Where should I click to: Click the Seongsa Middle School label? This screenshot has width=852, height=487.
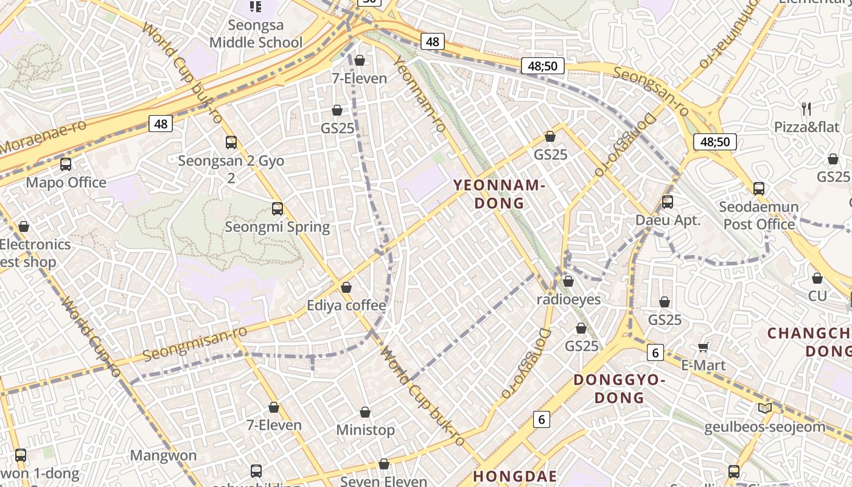pos(256,34)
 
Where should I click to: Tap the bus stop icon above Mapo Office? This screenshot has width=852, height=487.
pos(66,164)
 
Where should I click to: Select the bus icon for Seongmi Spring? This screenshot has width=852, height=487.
pos(278,209)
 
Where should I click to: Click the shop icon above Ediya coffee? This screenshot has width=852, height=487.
pos(346,287)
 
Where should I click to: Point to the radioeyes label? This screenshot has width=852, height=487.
pos(568,300)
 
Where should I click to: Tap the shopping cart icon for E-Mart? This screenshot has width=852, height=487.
pos(704,348)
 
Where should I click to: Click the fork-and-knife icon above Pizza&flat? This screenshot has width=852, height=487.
pos(806,109)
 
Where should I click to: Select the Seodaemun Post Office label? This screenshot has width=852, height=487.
pos(758,215)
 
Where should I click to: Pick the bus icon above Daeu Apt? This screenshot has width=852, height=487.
pos(668,202)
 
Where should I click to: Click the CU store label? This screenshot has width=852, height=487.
pos(817,296)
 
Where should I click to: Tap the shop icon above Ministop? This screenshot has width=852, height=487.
pos(365,413)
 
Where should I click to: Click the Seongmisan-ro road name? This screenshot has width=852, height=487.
pos(195,343)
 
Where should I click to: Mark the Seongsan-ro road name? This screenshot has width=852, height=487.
pos(651,91)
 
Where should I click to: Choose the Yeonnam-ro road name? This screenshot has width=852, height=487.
pos(420,94)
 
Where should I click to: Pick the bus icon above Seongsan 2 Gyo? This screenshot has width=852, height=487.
pos(231,142)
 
